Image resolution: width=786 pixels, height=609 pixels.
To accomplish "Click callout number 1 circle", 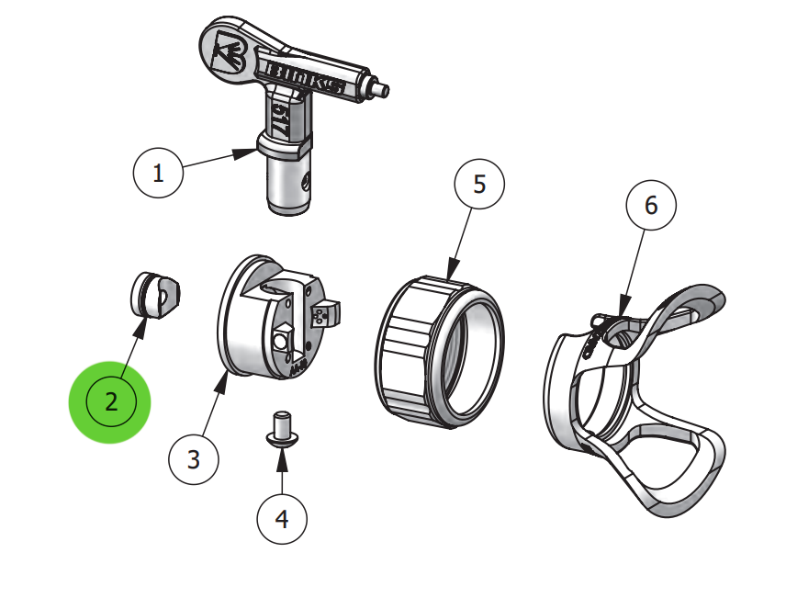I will tap(158, 173).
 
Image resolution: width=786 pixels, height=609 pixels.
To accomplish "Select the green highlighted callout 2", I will tap(110, 401).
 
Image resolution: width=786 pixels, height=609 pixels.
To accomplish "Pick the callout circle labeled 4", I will tap(282, 519).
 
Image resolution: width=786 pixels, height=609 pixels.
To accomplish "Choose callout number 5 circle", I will tap(479, 184).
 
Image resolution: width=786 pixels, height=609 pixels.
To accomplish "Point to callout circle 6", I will tap(651, 206).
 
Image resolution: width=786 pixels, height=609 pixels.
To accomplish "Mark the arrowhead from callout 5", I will tap(453, 271).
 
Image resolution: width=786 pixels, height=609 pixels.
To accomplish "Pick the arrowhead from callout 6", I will tap(623, 305).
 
